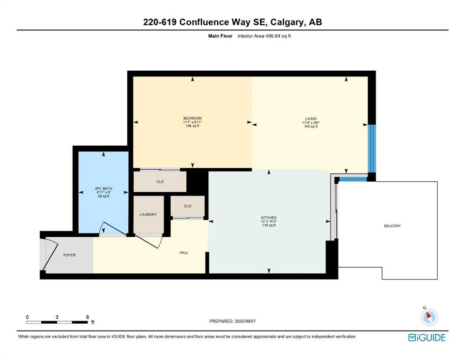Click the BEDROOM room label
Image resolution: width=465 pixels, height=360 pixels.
192,118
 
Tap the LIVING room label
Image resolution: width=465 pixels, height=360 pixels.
311,119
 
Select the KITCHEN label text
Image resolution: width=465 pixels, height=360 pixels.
269,217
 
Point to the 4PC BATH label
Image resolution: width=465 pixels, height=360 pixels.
103,188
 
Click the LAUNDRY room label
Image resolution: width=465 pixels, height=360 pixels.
148,214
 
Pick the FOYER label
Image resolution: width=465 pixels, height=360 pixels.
69,255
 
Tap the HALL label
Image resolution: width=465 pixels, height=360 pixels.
184,253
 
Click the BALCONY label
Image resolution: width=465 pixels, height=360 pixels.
392,226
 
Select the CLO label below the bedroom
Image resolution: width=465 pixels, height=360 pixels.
160,181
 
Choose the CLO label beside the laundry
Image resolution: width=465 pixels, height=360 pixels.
187,206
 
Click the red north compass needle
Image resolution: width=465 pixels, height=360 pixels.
428,315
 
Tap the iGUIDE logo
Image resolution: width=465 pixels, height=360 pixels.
427,337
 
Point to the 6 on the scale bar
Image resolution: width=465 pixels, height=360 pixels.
88,317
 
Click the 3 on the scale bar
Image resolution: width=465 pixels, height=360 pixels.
57,317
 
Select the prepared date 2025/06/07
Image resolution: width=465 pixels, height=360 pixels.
245,321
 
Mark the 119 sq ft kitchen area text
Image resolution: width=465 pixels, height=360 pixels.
269,225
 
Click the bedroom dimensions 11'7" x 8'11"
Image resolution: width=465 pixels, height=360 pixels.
192,122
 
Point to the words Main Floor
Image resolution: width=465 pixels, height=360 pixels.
221,36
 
